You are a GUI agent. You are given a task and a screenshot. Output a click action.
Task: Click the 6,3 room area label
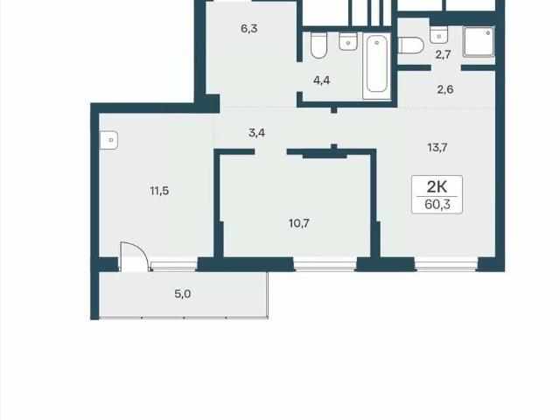(249, 29)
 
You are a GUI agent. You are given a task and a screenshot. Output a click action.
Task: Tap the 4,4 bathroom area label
(321, 80)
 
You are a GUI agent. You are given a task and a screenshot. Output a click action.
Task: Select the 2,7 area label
(443, 54)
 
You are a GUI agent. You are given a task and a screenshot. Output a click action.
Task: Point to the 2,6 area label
(445, 89)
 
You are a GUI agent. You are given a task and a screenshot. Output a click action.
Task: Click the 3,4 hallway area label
(256, 133)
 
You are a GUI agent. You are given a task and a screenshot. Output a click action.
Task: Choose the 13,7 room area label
(437, 147)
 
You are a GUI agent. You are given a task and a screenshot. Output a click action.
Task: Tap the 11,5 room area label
(159, 191)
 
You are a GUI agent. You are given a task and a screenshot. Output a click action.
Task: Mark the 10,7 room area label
(299, 224)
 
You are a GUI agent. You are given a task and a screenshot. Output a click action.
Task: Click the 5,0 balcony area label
(182, 294)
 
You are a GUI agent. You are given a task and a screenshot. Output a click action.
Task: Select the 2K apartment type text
(437, 186)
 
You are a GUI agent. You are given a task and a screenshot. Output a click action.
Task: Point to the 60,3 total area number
(437, 205)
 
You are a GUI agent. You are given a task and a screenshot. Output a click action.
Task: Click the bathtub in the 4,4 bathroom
(377, 66)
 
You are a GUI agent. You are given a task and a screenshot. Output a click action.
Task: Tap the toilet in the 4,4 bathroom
(318, 45)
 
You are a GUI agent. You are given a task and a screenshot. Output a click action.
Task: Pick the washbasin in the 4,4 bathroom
(348, 41)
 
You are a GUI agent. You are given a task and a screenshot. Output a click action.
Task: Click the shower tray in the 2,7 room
(479, 42)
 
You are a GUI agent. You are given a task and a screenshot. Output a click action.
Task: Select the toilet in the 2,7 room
(411, 45)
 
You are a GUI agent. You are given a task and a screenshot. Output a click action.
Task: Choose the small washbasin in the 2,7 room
(438, 35)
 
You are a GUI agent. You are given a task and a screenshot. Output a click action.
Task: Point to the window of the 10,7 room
(325, 265)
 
